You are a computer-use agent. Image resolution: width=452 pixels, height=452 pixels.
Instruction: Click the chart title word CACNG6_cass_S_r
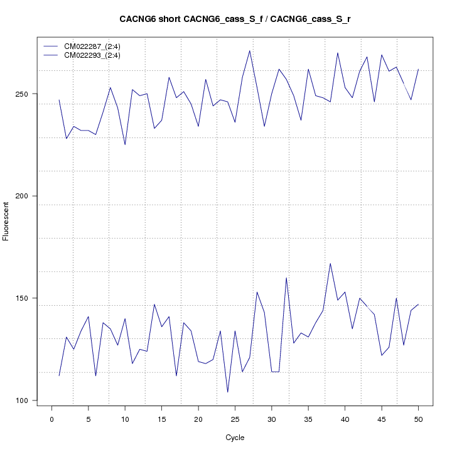pos(310,19)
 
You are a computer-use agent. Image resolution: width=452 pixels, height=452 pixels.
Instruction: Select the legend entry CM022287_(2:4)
pos(97,46)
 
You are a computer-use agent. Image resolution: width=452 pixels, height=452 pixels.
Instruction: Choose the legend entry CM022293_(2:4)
pos(97,55)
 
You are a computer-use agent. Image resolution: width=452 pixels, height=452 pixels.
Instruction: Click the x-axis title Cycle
pos(235,438)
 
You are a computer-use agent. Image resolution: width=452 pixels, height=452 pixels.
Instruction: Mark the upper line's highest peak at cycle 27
pos(250,51)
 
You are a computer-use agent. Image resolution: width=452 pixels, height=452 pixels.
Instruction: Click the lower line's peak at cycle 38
pos(330,263)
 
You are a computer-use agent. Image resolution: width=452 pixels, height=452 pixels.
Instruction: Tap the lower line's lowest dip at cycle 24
pos(227,392)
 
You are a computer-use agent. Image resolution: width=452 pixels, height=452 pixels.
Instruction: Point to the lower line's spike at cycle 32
pos(286,277)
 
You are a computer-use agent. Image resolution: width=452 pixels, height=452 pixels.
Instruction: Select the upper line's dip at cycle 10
pos(125,145)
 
